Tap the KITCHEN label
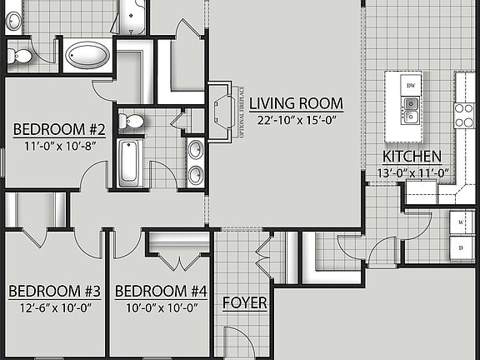pos(412,157)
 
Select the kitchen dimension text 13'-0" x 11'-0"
pos(414,173)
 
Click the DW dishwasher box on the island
pos(410,86)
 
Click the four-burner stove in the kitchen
pos(463,114)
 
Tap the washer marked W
pos(462,223)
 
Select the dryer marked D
pos(462,248)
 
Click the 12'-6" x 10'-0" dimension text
pos(54,307)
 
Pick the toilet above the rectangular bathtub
pos(131,122)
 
